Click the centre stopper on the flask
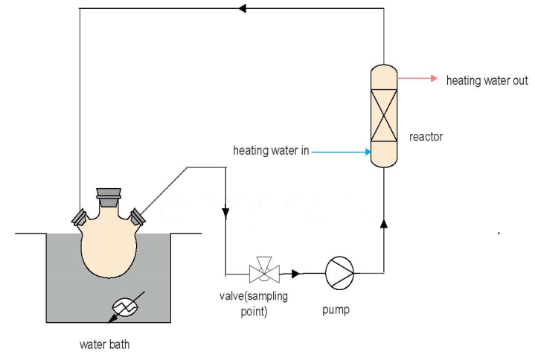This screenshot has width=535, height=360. coord(109,196)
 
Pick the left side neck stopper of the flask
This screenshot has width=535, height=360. coord(78,216)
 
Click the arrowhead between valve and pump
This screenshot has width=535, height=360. coord(295,274)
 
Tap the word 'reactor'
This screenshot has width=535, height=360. coord(426,137)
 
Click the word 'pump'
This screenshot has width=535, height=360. coord(336,310)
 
